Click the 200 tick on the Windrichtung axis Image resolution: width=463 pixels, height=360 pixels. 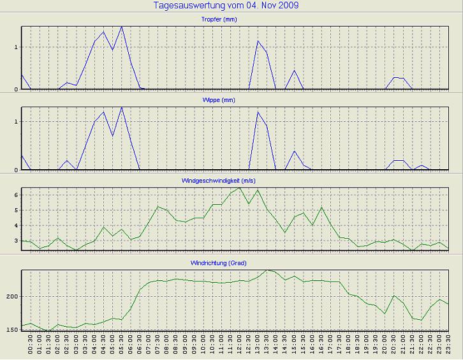(x=12, y=297)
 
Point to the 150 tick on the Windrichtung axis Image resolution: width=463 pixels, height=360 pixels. (x=12, y=329)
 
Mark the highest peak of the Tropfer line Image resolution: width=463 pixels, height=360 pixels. (x=122, y=27)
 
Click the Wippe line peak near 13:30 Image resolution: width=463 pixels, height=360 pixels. (x=258, y=112)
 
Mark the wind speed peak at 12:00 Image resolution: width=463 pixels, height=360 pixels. (x=240, y=188)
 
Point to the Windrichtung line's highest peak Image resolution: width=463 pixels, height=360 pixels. (x=267, y=270)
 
